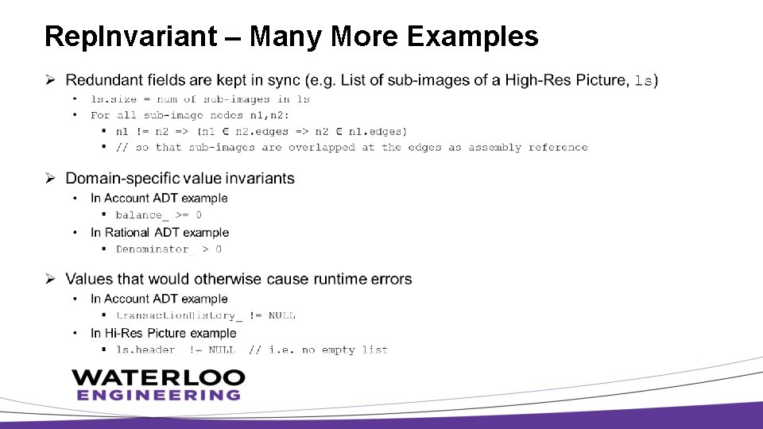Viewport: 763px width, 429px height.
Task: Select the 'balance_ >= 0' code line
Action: coord(158,214)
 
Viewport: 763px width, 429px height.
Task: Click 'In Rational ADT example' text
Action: coord(160,233)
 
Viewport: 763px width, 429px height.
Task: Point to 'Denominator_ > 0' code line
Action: coord(168,249)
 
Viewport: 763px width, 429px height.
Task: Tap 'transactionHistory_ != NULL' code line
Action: coord(205,315)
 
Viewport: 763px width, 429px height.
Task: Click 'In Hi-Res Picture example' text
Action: coord(163,333)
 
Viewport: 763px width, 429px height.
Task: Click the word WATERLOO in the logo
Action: coord(158,377)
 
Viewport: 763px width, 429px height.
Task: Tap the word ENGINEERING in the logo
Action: coord(158,395)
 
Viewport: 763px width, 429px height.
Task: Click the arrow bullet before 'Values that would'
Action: coord(49,279)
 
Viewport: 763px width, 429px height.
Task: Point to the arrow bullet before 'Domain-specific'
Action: coord(49,179)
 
